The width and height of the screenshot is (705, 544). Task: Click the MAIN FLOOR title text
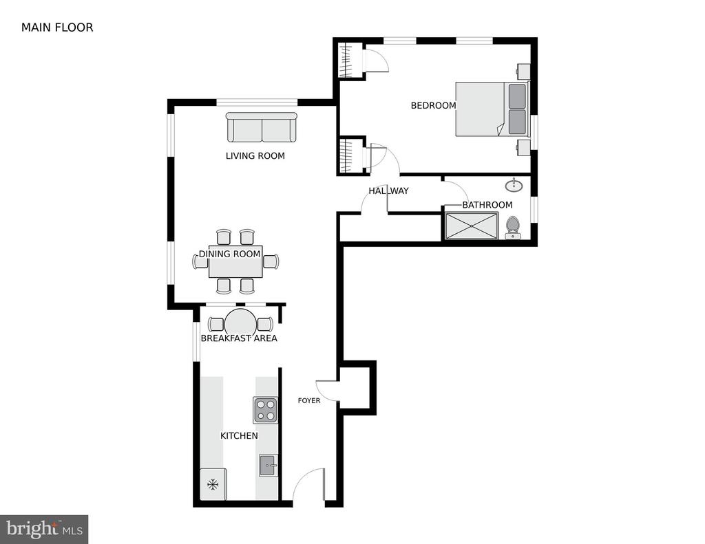[x=57, y=28]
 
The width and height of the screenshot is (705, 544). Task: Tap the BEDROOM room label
[x=434, y=105]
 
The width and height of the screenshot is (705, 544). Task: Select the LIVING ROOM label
[x=255, y=156]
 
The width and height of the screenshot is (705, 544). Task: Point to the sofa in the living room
[x=261, y=128]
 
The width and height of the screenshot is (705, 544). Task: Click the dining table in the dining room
[x=235, y=261]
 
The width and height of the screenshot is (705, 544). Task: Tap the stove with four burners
[x=265, y=410]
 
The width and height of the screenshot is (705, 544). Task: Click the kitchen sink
[x=269, y=466]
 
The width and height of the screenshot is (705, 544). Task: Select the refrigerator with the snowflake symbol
[x=213, y=484]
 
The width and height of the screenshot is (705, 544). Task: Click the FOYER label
[x=309, y=401]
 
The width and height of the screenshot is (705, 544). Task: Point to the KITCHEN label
[x=239, y=436]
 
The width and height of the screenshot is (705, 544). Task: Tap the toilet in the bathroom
[x=512, y=228]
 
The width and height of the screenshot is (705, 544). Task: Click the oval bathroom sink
[x=514, y=185]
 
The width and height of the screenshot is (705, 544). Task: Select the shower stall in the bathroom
[x=471, y=226]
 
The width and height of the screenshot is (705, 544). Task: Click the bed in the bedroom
[x=492, y=109]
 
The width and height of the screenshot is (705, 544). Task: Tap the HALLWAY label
[x=388, y=191]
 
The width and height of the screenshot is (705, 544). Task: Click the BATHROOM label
[x=487, y=205]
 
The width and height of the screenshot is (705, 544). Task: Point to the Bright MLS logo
[x=44, y=529]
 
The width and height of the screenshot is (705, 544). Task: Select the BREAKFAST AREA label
[x=239, y=338]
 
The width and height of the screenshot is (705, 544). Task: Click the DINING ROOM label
[x=229, y=254]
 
